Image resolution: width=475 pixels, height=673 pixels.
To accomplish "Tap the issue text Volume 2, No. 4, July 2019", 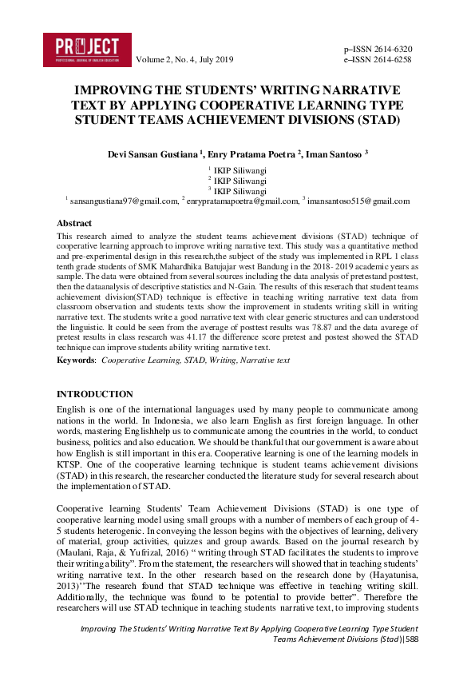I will (185, 60).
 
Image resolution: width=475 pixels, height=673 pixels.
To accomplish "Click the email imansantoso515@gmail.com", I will (358, 202).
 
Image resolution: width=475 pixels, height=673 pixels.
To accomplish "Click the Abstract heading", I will (74, 224).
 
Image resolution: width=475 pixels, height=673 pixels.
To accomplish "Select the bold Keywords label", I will (75, 360).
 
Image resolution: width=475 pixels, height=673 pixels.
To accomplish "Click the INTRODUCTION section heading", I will (95, 395).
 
